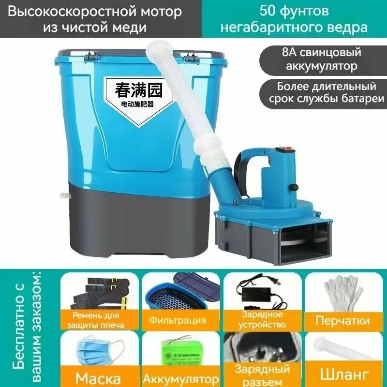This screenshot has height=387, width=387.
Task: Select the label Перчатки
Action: point(342,320)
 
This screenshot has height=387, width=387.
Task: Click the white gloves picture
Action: point(342,292)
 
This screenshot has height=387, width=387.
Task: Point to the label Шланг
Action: point(342,375)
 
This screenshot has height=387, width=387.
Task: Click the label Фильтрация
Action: point(178,320)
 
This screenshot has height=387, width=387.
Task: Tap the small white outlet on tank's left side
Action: point(64,196)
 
